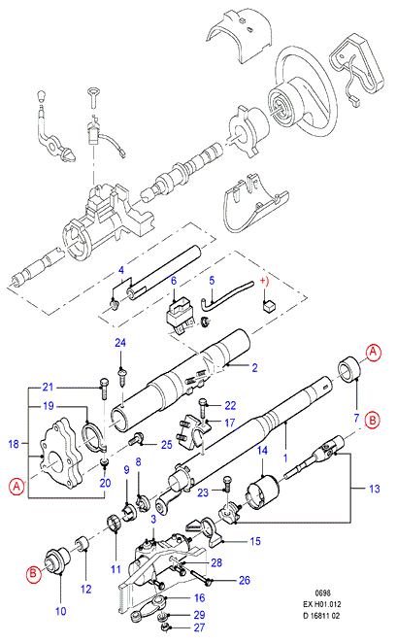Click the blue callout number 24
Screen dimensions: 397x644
(x=120, y=343)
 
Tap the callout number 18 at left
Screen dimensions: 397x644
(x=14, y=444)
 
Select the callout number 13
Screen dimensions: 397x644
(x=375, y=489)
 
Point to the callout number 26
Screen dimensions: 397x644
(x=245, y=580)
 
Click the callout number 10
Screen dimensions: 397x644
(x=61, y=611)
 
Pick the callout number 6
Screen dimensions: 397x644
(x=174, y=281)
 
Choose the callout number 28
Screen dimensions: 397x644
(x=216, y=562)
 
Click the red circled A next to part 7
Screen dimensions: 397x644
(x=373, y=353)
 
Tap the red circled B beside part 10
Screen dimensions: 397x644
(x=34, y=574)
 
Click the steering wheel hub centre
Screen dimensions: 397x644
(x=281, y=109)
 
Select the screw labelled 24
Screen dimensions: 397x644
(x=121, y=375)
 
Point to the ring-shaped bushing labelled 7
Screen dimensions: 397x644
(x=351, y=370)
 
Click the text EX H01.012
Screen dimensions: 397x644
(x=322, y=604)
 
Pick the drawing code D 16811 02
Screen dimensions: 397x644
(x=321, y=616)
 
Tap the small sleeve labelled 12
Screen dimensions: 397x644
(x=83, y=544)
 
